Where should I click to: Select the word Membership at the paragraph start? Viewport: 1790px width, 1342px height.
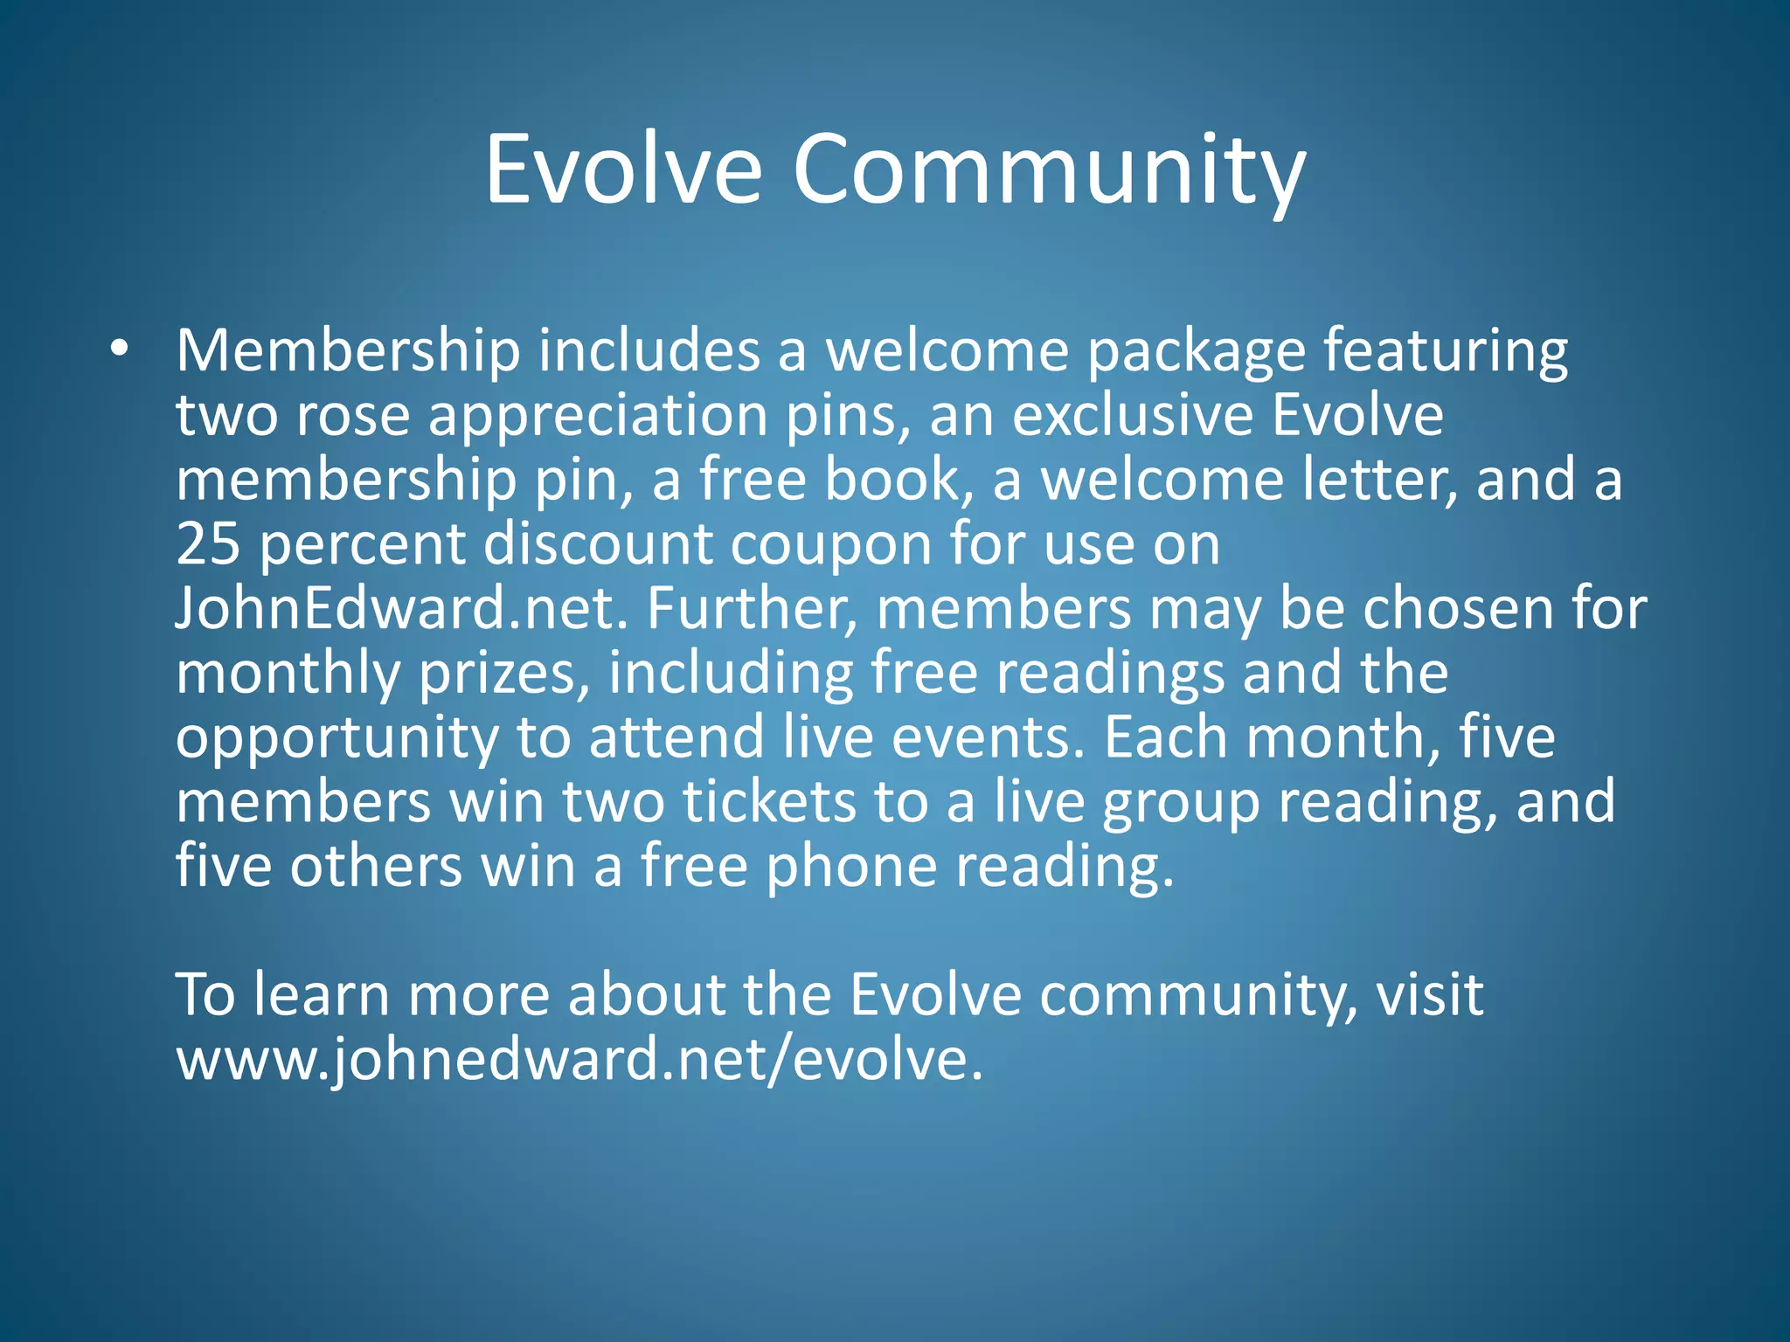click(348, 351)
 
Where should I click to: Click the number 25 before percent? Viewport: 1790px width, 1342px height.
click(208, 543)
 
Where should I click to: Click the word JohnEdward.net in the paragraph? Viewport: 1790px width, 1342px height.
click(401, 608)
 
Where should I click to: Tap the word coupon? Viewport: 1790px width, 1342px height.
click(830, 545)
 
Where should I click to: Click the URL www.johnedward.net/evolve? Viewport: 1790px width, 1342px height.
click(579, 1059)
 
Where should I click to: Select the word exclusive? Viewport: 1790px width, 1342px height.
click(1132, 416)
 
